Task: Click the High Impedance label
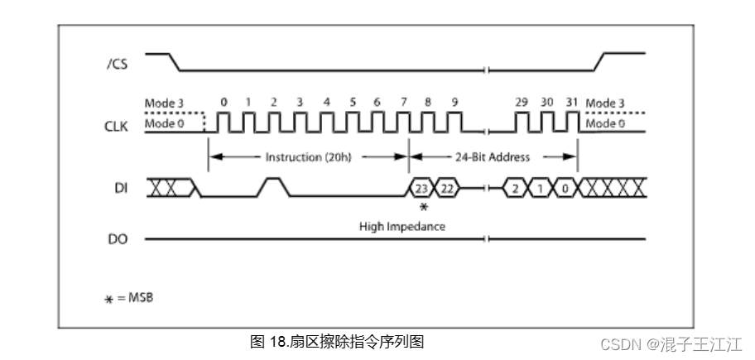tap(402, 226)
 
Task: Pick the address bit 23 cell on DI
tap(421, 189)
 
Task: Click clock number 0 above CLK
tap(224, 102)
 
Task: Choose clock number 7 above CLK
tap(403, 102)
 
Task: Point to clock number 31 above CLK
tap(571, 102)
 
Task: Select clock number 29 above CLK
tap(522, 102)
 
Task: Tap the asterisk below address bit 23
tap(424, 207)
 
